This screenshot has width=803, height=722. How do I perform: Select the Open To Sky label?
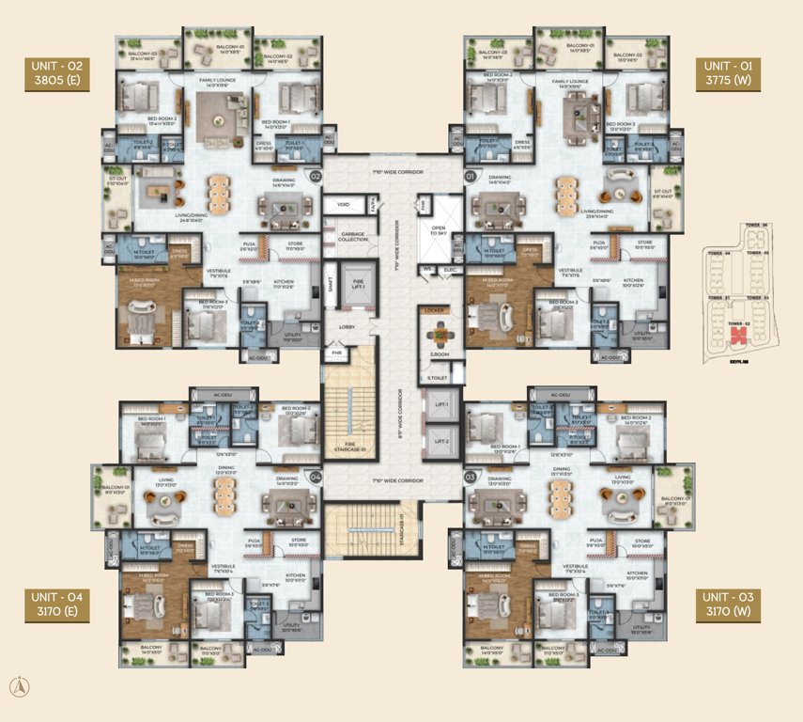pos(439,230)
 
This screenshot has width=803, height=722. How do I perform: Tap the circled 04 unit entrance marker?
pos(316,478)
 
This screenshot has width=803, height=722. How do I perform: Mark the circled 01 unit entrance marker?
pos(469,176)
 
